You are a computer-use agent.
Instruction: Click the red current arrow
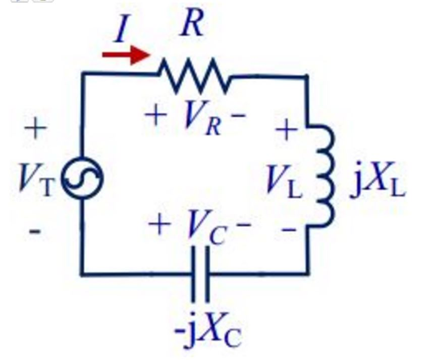(125, 54)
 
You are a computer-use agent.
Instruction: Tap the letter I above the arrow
(121, 29)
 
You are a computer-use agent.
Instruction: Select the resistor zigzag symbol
(194, 76)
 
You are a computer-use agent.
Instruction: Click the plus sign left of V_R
(156, 115)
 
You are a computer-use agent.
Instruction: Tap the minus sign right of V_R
(238, 116)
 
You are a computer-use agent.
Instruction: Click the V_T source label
(35, 179)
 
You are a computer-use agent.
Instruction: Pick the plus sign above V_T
(35, 128)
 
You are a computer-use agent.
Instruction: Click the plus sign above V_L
(286, 130)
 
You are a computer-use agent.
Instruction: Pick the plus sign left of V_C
(160, 225)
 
